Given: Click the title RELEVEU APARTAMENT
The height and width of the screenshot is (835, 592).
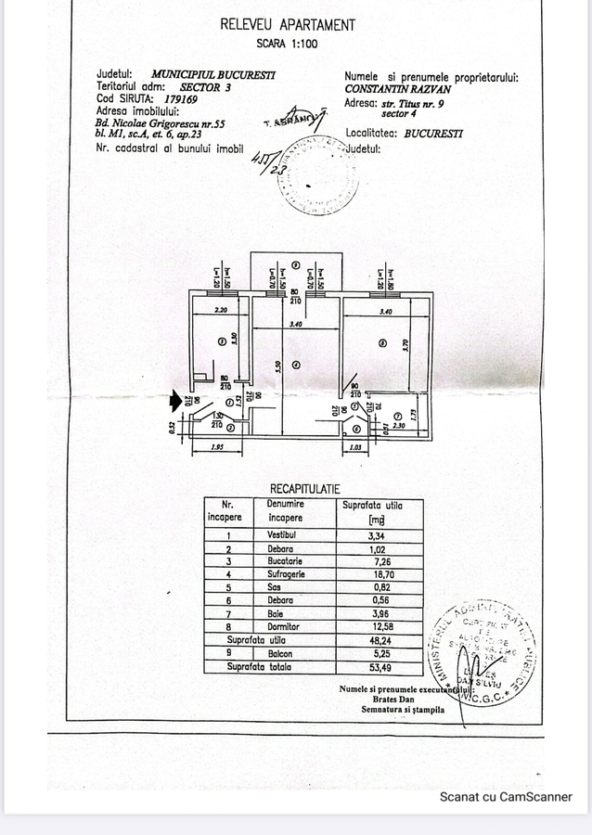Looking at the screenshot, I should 287,26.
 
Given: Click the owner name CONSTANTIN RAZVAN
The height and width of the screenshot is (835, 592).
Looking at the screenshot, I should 397,90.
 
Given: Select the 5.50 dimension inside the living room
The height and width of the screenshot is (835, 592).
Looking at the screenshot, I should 278,366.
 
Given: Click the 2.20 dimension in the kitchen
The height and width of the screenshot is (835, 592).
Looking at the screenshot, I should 220,312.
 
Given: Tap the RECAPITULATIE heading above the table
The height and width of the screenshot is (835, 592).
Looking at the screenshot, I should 304,487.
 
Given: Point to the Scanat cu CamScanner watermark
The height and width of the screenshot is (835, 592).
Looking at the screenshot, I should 506,796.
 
